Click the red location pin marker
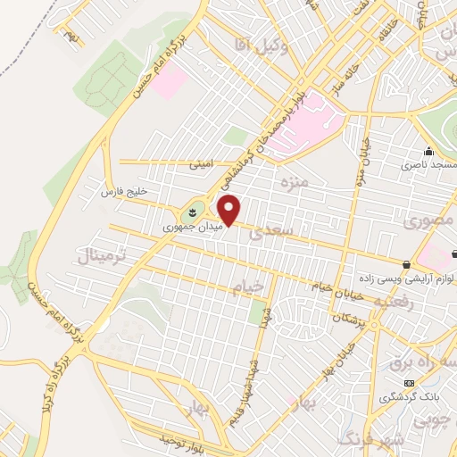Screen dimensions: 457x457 [229, 210]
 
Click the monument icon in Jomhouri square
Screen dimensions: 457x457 [190, 212]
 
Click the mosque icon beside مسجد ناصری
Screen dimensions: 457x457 [428, 151]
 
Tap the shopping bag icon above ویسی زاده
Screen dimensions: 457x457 [406, 264]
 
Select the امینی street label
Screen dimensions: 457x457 [200, 165]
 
